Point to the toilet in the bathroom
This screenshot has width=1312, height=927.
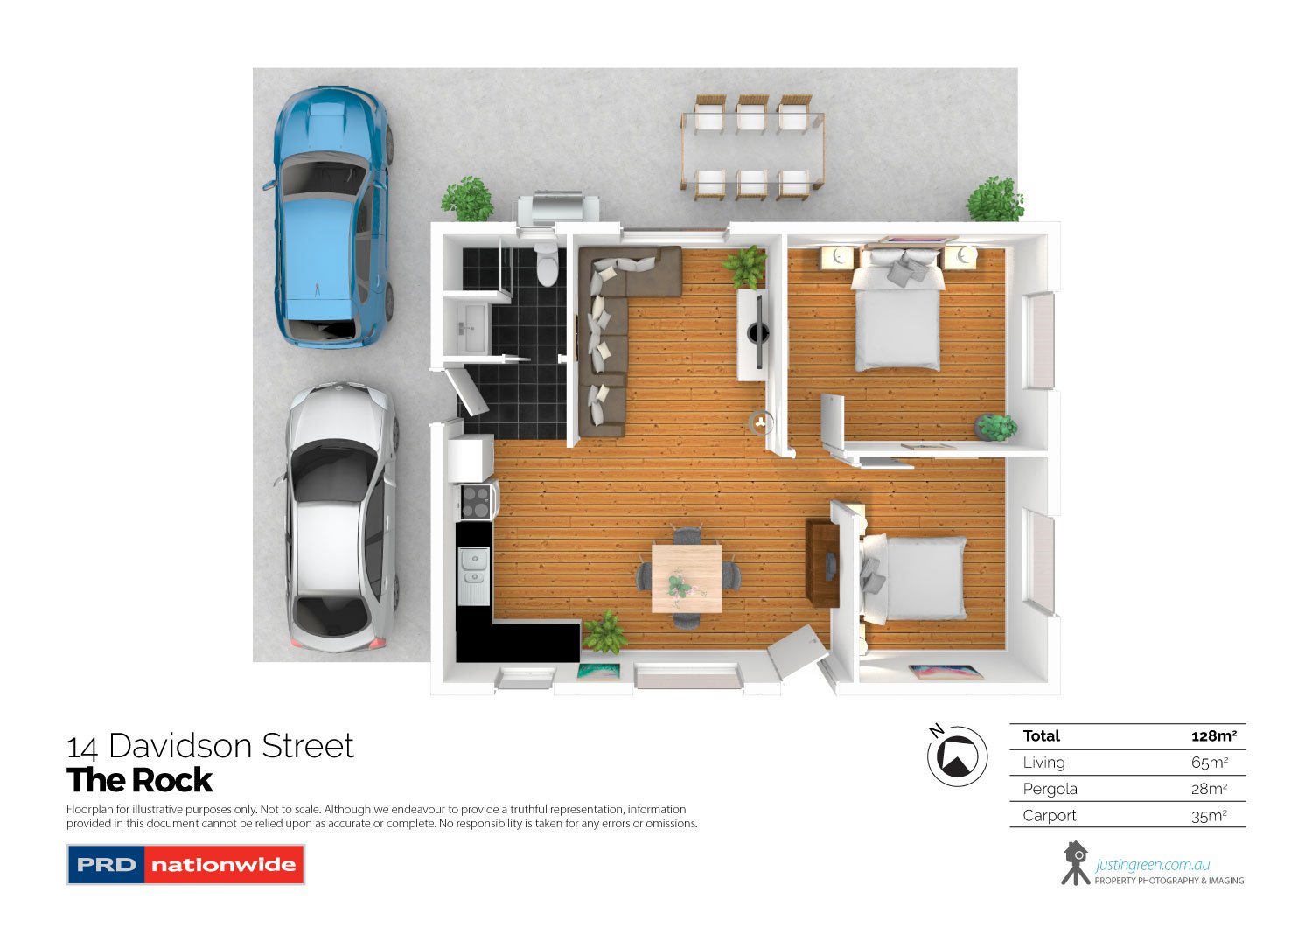pyautogui.click(x=548, y=265)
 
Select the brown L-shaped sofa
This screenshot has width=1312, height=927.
pyautogui.click(x=612, y=332)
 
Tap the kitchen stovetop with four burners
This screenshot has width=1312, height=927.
pyautogui.click(x=476, y=502)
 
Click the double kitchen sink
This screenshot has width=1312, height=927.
pyautogui.click(x=474, y=566)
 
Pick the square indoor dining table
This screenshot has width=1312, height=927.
pyautogui.click(x=687, y=578)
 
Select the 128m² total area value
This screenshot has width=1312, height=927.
pyautogui.click(x=1213, y=736)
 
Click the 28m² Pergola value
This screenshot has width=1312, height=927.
pyautogui.click(x=1209, y=789)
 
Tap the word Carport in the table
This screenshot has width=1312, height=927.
pyautogui.click(x=1050, y=816)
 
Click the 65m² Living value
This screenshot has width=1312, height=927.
pyautogui.click(x=1209, y=763)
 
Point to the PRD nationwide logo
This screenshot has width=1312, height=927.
pyautogui.click(x=185, y=865)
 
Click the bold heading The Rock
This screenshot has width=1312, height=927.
pyautogui.click(x=140, y=780)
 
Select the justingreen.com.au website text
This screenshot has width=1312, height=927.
pyautogui.click(x=1152, y=866)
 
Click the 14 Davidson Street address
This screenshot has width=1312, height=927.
pyautogui.click(x=211, y=746)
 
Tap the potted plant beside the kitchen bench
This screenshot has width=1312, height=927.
pyautogui.click(x=604, y=632)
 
